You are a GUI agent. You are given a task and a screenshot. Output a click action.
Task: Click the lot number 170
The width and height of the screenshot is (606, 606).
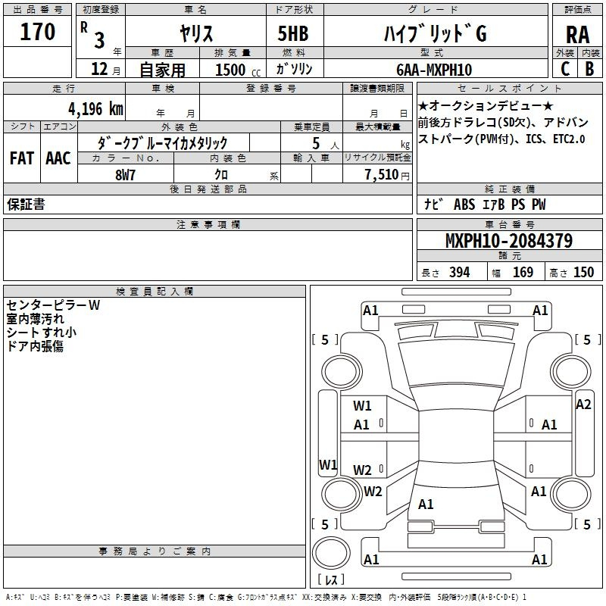point(37,32)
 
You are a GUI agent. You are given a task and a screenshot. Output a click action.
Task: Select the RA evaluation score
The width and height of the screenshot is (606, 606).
point(578,35)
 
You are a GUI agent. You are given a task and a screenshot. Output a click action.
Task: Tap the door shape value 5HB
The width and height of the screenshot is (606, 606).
point(293,33)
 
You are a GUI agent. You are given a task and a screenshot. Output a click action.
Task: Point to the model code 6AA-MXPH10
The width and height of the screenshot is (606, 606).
point(434,70)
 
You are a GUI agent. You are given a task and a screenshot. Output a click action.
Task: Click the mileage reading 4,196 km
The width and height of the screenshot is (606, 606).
point(96,109)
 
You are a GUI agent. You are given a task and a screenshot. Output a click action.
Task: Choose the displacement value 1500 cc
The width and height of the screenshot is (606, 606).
point(238,70)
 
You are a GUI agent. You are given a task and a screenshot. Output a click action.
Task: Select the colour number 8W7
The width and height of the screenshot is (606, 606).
point(125,175)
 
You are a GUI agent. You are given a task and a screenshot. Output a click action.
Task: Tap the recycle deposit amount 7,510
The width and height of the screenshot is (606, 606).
point(382,175)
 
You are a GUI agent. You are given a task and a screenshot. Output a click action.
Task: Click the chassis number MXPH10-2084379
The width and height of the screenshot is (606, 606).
point(509,240)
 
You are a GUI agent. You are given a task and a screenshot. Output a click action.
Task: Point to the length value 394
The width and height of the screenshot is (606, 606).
point(460,273)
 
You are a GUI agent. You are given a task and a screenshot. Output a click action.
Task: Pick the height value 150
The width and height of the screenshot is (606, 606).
point(583,273)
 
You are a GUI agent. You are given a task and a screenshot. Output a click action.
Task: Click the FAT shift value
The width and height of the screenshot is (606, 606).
point(22,158)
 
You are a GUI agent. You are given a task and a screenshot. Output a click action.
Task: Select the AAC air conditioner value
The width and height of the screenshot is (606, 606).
point(58,158)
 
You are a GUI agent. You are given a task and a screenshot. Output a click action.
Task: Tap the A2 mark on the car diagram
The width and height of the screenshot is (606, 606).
point(583,405)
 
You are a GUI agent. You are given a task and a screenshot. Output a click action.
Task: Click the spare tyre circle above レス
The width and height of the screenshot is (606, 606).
point(331,553)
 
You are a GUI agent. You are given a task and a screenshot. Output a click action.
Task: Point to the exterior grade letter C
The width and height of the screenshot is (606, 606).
point(565,69)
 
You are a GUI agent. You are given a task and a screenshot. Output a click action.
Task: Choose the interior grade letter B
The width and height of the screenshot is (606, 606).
point(589,69)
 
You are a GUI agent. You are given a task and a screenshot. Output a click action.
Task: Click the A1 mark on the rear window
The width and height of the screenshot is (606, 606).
point(426,504)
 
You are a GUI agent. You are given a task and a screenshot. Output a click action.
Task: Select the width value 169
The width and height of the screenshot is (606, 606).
point(523,273)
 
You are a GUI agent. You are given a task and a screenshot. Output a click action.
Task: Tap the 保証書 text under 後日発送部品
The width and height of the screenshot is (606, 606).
point(26,205)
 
